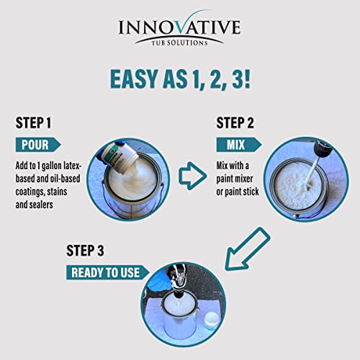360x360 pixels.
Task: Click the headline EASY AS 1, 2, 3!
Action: [x=180, y=78]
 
